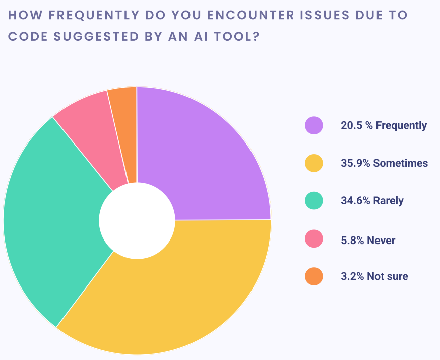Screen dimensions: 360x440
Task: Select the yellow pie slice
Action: [181, 292]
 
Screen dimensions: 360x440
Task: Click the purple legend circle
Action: [313, 125]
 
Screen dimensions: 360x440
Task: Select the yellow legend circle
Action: [313, 163]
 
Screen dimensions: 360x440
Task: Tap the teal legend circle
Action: [313, 201]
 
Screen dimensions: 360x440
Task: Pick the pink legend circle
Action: [313, 239]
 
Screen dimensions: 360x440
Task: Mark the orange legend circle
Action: [313, 276]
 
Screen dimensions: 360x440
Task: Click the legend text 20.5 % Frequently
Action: [384, 126]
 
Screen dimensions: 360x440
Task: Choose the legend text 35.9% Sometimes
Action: [384, 163]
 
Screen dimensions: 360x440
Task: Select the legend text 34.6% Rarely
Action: [372, 201]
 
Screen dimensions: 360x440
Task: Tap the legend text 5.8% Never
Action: [368, 240]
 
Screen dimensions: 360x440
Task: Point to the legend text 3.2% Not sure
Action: [374, 276]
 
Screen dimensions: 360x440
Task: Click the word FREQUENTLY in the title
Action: [88, 15]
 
